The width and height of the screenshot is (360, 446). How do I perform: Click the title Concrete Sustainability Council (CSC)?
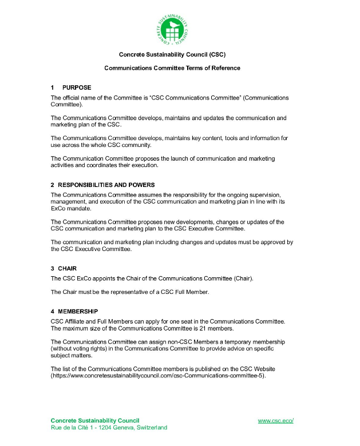point(172,55)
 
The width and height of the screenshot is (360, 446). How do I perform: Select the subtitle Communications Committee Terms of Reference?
point(172,68)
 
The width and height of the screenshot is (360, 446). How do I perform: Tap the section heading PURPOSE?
point(77,87)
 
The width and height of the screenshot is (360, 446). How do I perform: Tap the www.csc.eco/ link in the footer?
point(275,421)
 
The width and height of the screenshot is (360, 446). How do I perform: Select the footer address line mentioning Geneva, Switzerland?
point(109,428)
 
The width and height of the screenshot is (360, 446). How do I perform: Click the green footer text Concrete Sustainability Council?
point(95,421)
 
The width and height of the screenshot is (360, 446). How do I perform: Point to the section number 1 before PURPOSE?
point(52,87)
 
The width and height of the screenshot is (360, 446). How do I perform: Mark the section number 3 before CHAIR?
point(52,268)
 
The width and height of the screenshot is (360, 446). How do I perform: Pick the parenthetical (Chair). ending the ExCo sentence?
point(243,278)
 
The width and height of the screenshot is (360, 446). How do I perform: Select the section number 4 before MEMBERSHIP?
point(52,312)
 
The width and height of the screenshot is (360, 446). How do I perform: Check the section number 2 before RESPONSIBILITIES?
point(52,185)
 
